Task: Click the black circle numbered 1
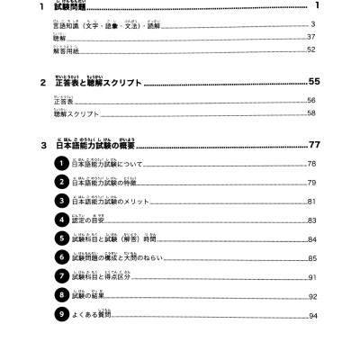(x=60, y=164)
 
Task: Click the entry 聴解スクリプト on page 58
(x=76, y=114)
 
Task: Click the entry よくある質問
(x=103, y=316)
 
